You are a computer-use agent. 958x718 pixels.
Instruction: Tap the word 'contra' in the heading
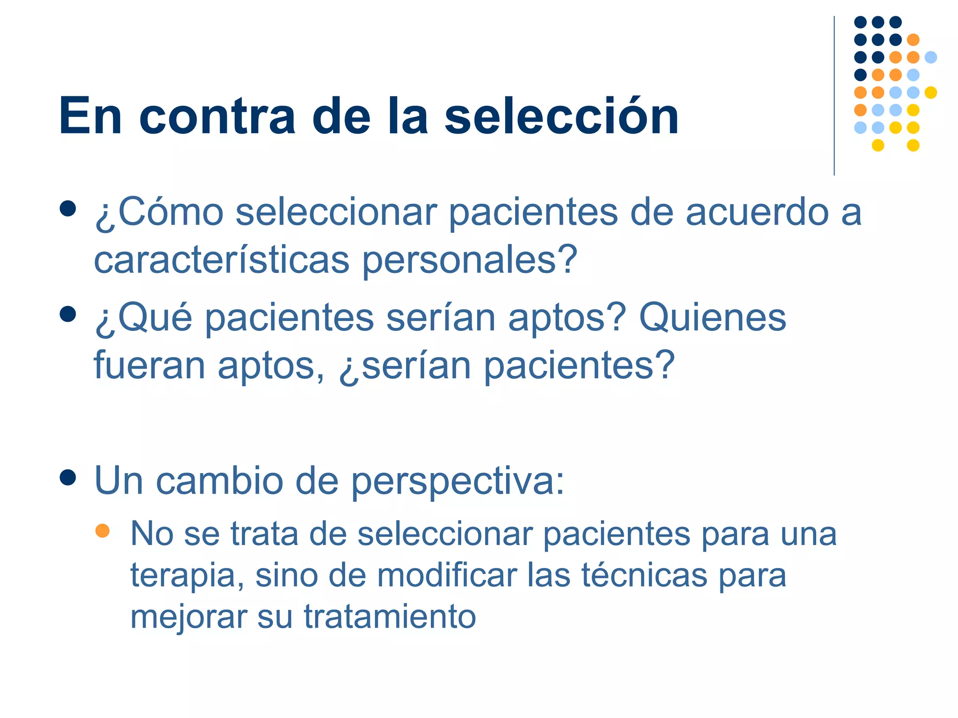[217, 117]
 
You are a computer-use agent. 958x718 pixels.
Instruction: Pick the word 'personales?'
[470, 261]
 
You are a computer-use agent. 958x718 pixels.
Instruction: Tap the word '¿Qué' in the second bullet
[143, 318]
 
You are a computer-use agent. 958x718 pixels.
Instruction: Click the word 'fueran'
[149, 365]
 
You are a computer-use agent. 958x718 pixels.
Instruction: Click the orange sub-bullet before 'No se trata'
[102, 531]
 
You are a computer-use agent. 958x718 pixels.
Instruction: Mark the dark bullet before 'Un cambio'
[68, 478]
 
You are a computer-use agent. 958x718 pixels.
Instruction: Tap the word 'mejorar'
[188, 617]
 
